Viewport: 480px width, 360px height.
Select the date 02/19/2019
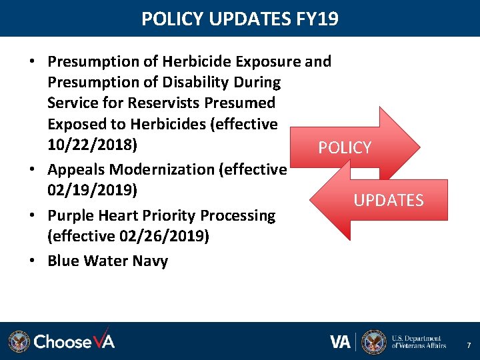click(x=92, y=190)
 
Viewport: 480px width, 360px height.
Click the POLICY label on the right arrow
click(x=345, y=147)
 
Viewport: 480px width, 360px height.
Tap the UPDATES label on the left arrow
click(x=388, y=200)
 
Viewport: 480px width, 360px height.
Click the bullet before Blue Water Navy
click(x=32, y=261)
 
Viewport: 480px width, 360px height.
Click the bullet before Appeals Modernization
click(x=32, y=169)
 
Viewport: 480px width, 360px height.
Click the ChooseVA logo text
click(x=74, y=341)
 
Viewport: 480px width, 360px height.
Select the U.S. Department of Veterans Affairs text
click(x=419, y=342)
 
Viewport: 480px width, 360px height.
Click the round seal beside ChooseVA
click(x=19, y=341)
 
